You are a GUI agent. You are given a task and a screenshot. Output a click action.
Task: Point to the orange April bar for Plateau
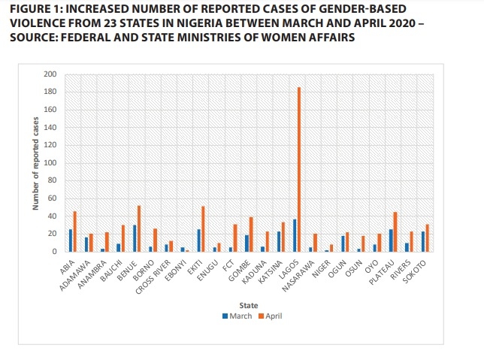[395, 231]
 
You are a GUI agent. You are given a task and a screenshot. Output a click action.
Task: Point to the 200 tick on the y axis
[50, 74]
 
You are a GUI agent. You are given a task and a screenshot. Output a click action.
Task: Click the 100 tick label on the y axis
[50, 163]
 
